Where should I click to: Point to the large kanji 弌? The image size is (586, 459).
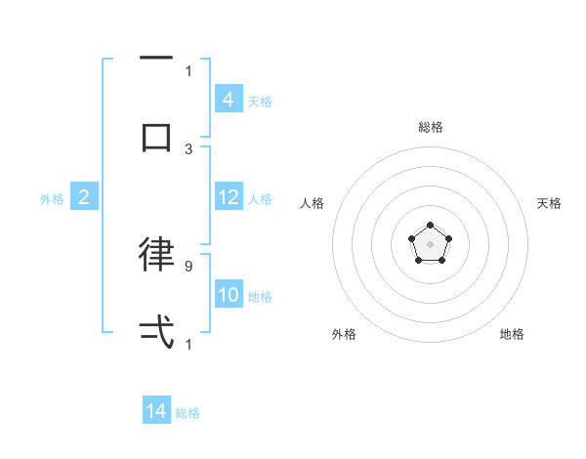coord(156,332)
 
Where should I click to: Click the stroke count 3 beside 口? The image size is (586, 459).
coord(188,148)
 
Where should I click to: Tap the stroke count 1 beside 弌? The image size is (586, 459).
coord(188,344)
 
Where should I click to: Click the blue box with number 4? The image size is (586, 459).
coord(228,99)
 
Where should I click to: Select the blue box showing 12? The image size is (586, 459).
coord(228,197)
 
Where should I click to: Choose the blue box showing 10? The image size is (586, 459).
coord(228,295)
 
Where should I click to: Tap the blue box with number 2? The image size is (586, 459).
coord(84,197)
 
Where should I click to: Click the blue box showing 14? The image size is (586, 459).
coord(156,411)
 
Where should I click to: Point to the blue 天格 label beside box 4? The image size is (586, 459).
coord(260,101)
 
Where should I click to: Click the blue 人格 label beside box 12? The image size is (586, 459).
coord(260,199)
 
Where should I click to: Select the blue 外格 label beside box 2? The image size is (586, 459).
coord(52,199)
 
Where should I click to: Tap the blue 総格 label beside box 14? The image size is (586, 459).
coord(188,413)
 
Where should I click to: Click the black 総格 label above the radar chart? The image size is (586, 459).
coord(430,127)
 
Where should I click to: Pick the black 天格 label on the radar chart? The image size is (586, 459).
coord(549,203)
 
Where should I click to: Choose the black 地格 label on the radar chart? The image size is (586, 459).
coord(512,334)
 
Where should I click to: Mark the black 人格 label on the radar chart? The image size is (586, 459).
coord(313,203)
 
